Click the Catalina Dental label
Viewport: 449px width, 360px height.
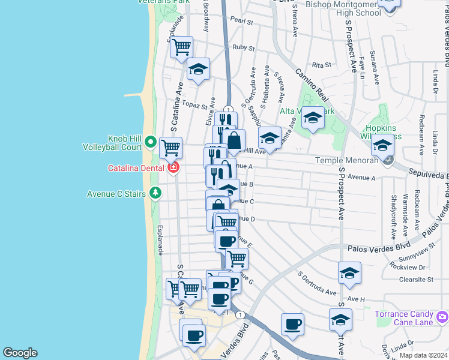(x=136, y=168)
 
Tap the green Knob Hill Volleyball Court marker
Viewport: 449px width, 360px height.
(x=150, y=143)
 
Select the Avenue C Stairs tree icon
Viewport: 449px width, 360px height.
(x=156, y=193)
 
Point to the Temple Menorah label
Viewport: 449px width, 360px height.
(x=350, y=160)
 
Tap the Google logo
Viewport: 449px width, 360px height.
(x=20, y=353)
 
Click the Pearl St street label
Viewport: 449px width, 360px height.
(x=241, y=22)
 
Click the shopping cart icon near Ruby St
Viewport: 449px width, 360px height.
(x=181, y=47)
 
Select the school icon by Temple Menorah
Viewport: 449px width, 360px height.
(x=382, y=145)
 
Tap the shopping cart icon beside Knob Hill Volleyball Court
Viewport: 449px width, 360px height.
(x=171, y=146)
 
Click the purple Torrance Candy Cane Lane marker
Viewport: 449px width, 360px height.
(x=442, y=316)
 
